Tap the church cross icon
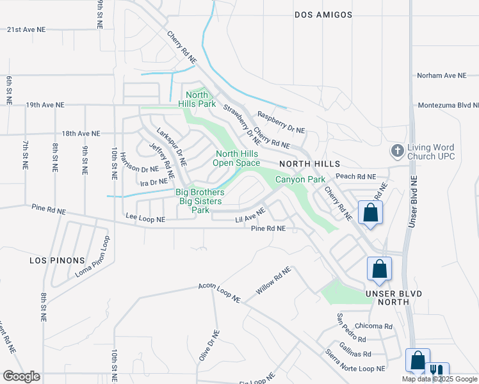[x=397, y=151]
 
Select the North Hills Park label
[x=197, y=99]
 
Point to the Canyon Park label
[x=300, y=180]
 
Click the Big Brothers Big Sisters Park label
[x=201, y=200]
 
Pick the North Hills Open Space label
[x=238, y=158]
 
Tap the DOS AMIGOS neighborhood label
[x=323, y=14]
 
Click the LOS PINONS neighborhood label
[x=57, y=260]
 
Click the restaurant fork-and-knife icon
[x=437, y=371]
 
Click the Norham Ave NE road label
[x=442, y=76]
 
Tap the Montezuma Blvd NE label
[x=448, y=105]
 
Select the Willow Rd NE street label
[x=273, y=280]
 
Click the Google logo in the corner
[x=22, y=376]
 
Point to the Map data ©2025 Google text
[x=439, y=379]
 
